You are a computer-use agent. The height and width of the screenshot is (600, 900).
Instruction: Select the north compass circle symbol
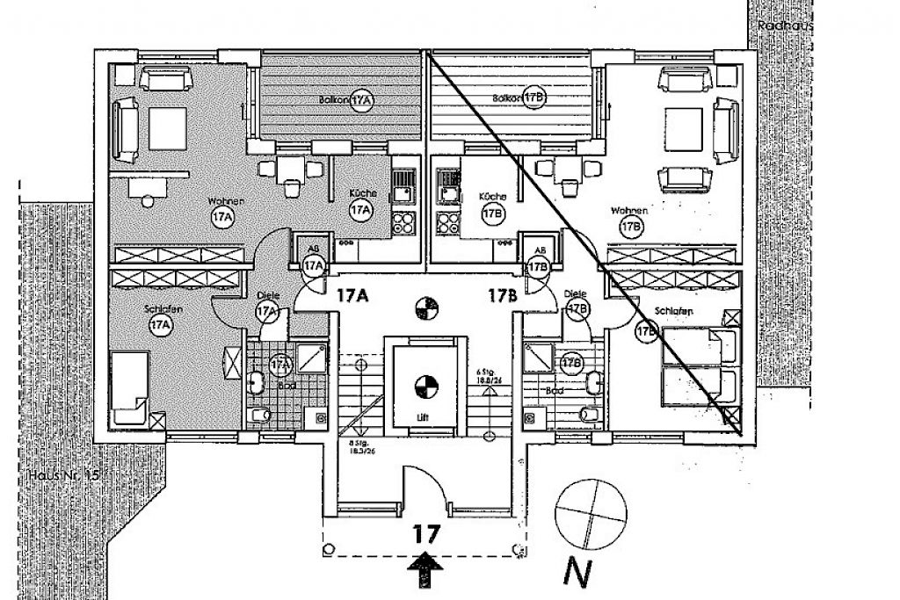[x=592, y=511]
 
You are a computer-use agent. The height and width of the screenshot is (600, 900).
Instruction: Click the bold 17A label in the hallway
[x=352, y=296]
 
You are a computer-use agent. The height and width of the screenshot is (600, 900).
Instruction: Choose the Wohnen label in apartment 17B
[x=630, y=211]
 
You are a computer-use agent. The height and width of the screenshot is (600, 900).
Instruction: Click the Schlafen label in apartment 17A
[x=159, y=309]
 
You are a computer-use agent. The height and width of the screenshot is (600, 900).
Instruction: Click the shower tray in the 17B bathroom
[x=538, y=357]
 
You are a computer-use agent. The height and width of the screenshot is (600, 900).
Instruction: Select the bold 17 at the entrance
[x=425, y=531]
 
